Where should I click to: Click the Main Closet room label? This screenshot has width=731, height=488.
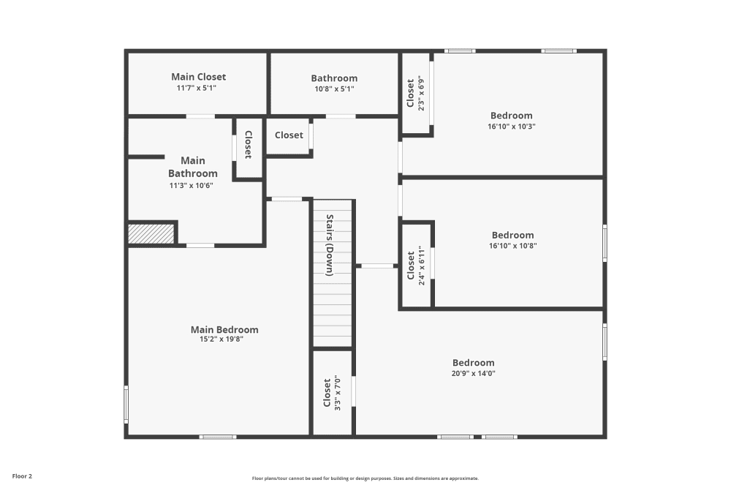point(198,77)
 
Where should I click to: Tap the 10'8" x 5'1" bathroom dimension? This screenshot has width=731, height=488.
point(334,89)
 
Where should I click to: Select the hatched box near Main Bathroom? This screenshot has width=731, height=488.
point(151,234)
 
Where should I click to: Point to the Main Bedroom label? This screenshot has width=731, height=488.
point(224,330)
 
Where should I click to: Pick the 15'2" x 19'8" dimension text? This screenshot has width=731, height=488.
point(221,339)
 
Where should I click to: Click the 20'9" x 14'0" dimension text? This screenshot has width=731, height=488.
point(474,373)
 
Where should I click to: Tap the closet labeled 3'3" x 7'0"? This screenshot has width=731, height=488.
point(332,393)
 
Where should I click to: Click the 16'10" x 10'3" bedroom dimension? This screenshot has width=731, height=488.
point(511,126)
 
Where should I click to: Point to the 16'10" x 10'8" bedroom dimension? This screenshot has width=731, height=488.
point(512,246)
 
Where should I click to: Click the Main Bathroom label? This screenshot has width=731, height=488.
point(193,167)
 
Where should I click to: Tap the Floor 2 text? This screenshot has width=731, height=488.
point(22,476)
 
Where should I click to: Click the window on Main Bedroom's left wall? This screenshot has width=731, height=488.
point(126,404)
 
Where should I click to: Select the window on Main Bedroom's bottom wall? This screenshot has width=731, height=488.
point(218,437)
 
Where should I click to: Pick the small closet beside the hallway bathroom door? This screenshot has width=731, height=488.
point(289,135)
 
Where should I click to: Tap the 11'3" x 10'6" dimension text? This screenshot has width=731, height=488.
point(191,185)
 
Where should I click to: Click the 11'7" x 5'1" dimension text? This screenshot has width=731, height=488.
point(197,88)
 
